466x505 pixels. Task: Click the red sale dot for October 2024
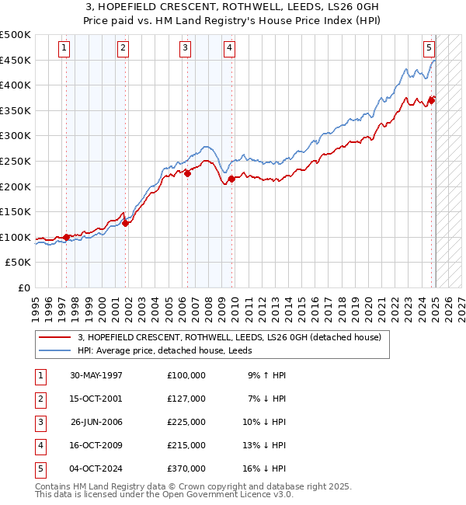click(x=432, y=99)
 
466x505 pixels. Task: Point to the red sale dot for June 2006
click(x=187, y=173)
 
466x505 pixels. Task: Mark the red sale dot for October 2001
click(x=125, y=223)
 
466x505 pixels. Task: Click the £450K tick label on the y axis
click(x=16, y=60)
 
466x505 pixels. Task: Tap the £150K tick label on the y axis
click(x=16, y=211)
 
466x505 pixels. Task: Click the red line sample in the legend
click(x=54, y=338)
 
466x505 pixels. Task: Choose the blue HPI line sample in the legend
click(x=54, y=350)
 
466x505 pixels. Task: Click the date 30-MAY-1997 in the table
click(x=96, y=375)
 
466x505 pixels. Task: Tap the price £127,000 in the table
click(x=186, y=399)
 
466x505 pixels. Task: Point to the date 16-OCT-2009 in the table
click(x=96, y=445)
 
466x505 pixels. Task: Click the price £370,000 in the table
click(x=186, y=468)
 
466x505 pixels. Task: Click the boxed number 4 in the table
click(x=40, y=445)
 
